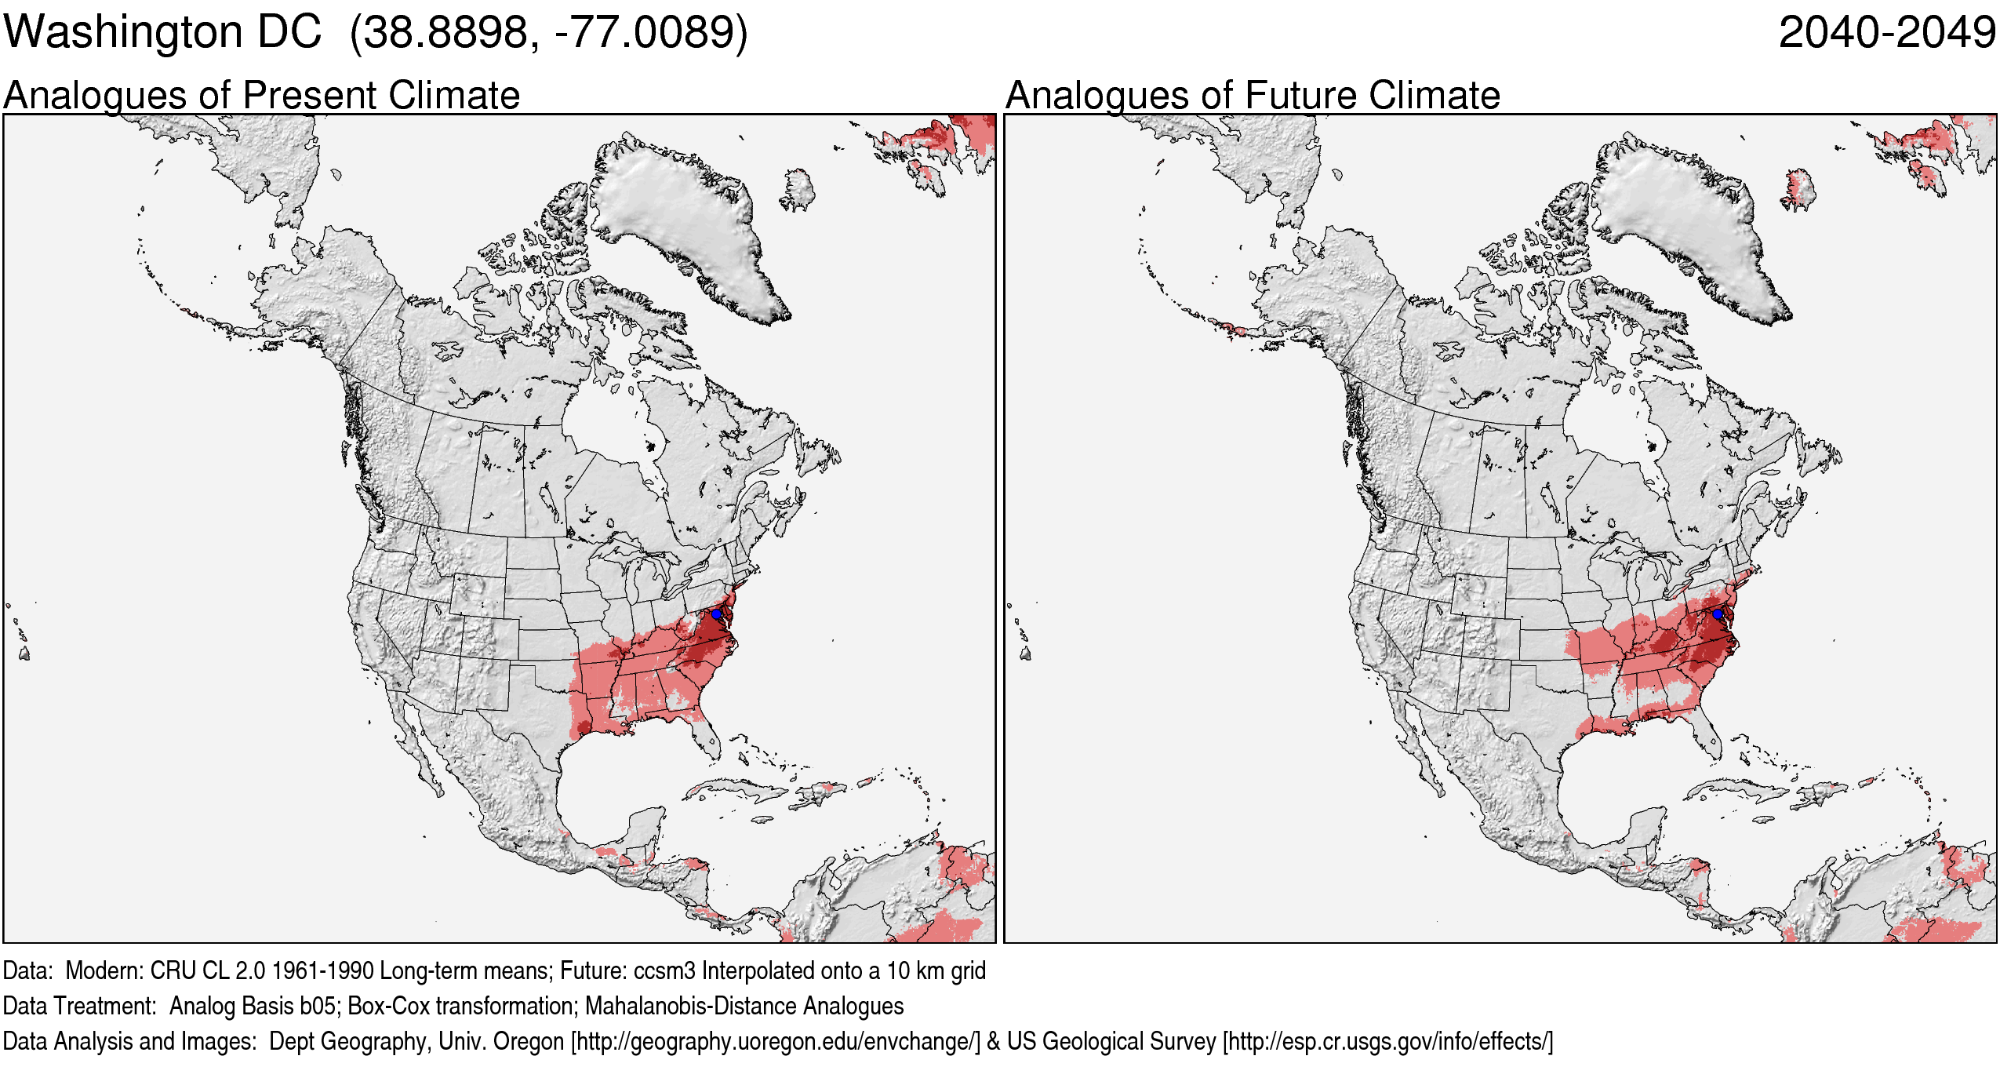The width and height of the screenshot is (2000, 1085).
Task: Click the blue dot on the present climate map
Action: click(x=716, y=613)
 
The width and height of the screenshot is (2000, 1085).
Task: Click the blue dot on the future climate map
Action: click(x=1717, y=613)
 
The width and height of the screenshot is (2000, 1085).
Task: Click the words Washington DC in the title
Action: click(x=162, y=33)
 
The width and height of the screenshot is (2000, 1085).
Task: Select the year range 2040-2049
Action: click(x=1886, y=33)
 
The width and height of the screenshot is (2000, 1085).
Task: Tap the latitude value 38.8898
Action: click(x=445, y=33)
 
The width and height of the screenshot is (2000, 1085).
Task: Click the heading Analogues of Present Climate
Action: click(x=261, y=96)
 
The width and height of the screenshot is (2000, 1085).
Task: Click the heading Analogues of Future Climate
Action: click(x=1252, y=96)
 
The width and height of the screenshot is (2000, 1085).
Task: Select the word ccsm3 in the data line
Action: click(x=664, y=971)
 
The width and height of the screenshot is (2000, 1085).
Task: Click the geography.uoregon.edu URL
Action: click(x=776, y=1042)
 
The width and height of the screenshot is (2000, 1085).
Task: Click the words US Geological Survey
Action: click(x=1111, y=1042)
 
